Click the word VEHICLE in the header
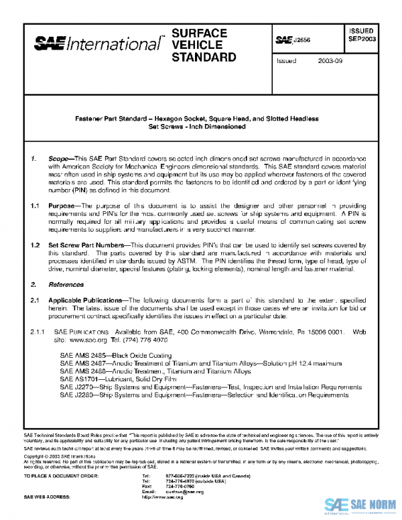point(191,45)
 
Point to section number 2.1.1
point(36,331)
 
